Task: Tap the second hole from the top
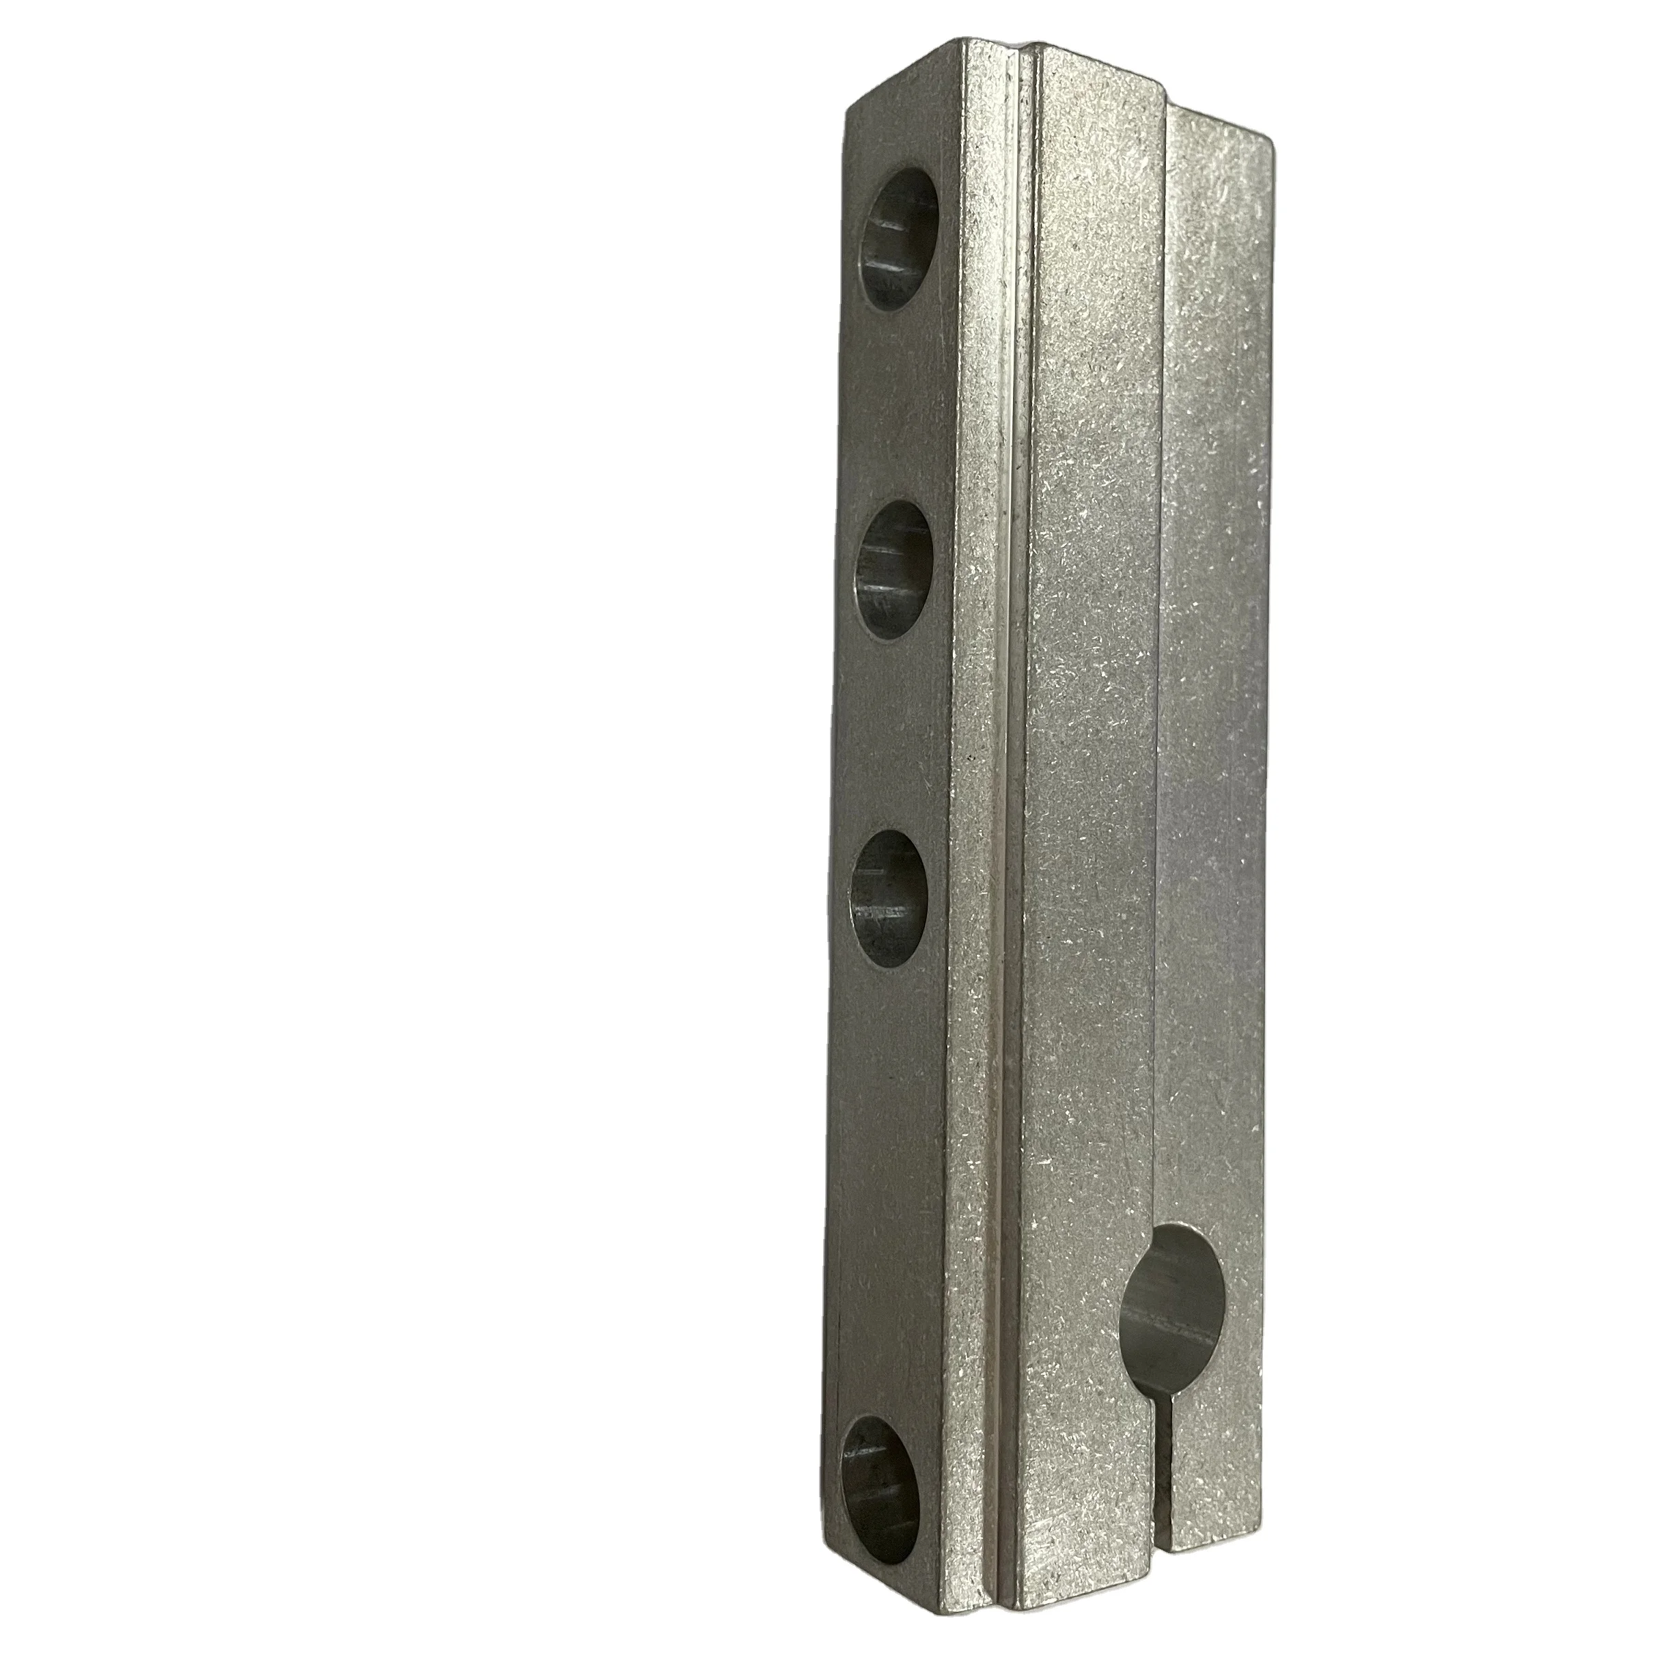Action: (x=894, y=570)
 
